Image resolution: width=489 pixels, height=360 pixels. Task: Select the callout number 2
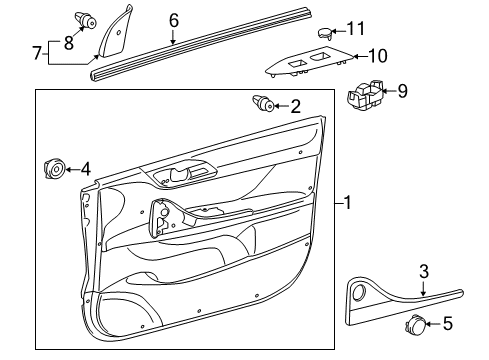[x=295, y=105]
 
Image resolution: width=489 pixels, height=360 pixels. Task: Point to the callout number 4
[x=85, y=169]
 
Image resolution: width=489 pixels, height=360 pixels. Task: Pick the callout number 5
[x=447, y=351]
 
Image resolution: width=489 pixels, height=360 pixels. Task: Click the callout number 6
[x=173, y=20]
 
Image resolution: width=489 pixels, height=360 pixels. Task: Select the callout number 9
[x=402, y=91]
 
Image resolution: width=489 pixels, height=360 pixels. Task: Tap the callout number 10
[x=378, y=56]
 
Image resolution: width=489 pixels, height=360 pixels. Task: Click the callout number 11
[x=356, y=28]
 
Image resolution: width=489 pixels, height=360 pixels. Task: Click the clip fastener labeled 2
[x=265, y=103]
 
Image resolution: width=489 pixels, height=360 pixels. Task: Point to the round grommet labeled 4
[x=55, y=169]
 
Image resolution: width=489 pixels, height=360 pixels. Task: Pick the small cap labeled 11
[x=326, y=32]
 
